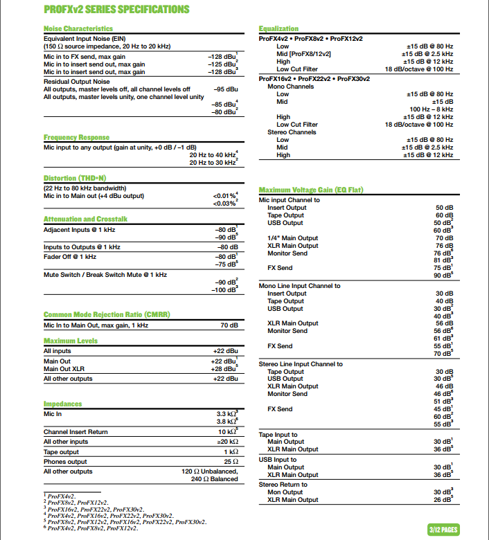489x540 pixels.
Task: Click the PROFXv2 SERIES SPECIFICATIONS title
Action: pos(116,10)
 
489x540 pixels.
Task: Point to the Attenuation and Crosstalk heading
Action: pos(85,219)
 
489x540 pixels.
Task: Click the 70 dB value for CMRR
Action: pos(229,325)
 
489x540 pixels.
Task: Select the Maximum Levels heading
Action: pos(70,341)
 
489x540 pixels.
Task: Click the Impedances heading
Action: pos(62,404)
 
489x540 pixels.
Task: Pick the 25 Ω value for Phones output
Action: pos(231,462)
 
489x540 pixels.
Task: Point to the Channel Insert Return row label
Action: pos(75,432)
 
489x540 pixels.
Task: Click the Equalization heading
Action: pos(278,28)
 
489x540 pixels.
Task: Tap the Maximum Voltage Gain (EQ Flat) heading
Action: pos(311,190)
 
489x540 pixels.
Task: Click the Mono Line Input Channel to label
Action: pos(299,286)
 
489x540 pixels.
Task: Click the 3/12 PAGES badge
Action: pos(443,530)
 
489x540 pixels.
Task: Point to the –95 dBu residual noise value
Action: pos(226,89)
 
